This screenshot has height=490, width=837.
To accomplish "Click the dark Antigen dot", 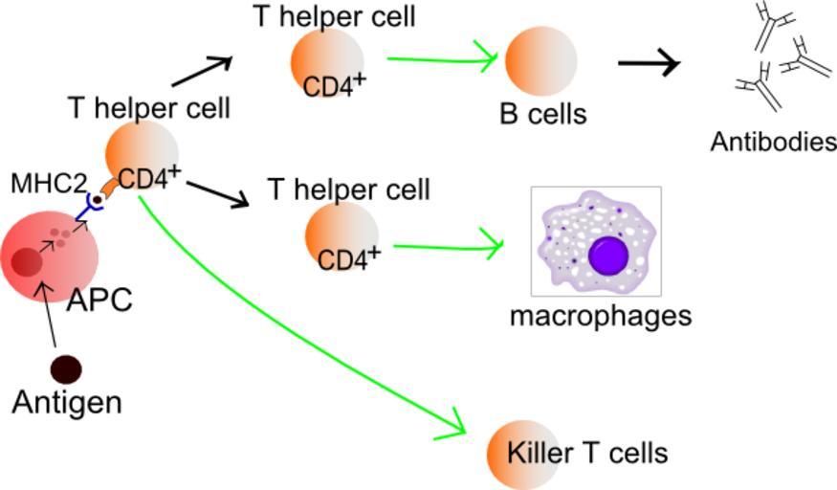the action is [66, 369].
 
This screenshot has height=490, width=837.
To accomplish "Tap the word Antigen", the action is [67, 403].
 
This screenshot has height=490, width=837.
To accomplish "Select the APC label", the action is [99, 300].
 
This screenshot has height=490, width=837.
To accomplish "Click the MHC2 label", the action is [49, 184].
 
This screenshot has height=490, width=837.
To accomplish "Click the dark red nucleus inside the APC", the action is [27, 262].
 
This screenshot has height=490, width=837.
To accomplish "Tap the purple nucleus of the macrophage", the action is [608, 256].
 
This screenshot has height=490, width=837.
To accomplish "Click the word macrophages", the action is [601, 316].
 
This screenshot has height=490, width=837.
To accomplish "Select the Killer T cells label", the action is [587, 454].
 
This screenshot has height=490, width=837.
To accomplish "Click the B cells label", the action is [543, 114].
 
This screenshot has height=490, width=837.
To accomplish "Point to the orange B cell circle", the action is [540, 61].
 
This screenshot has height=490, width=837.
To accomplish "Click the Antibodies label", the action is [774, 142].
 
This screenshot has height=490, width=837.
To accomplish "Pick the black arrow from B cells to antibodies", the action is [649, 63].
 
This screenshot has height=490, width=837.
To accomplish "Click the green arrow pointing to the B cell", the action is [443, 58].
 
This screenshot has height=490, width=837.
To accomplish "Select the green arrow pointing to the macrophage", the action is [449, 247].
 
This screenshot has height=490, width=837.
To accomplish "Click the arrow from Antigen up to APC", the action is [48, 315].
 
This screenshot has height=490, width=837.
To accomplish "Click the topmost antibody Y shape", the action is [773, 27].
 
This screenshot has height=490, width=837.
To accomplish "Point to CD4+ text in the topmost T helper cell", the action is [335, 85].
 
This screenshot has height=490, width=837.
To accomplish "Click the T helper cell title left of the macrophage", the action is [348, 189].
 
